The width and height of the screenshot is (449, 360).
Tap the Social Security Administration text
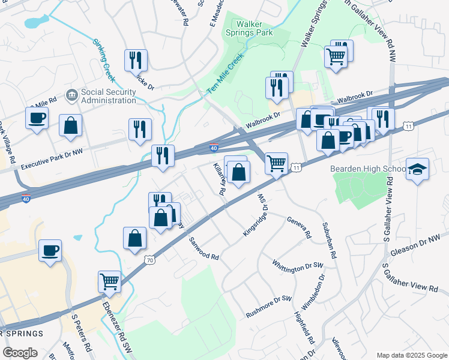pyautogui.click(x=109, y=96)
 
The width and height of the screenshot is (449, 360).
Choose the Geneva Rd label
pyautogui.click(x=299, y=227)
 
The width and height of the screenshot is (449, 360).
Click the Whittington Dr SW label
pyautogui.click(x=297, y=267)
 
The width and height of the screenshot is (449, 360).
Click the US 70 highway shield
pyautogui.click(x=150, y=260)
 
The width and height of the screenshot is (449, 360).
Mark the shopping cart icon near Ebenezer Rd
pyautogui.click(x=109, y=281)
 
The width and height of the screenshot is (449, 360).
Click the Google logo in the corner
pyautogui.click(x=20, y=352)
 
